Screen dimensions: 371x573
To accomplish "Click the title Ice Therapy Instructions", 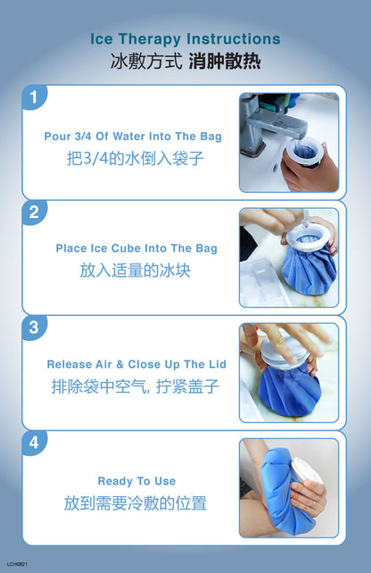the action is pos(185,39).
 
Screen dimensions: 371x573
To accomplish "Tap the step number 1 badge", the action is pos(34,97).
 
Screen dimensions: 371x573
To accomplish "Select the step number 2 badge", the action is pos(34,212).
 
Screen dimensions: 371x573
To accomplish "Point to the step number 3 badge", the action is pos(34,328).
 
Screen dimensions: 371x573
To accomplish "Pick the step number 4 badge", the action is pos(34,443).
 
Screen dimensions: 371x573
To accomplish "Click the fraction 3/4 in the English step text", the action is pos(83,137).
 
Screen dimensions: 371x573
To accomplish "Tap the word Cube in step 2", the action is pos(126,248).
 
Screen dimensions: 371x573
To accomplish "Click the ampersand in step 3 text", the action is pos(120,364).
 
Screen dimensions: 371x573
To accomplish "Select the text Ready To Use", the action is pos(136,481).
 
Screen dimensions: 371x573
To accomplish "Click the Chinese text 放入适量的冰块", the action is pos(135,270).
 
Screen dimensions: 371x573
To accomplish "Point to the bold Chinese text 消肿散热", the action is pos(225,61).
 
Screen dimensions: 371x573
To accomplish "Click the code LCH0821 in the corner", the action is pos(17,564).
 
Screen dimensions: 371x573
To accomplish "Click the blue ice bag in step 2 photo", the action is pos(309,267).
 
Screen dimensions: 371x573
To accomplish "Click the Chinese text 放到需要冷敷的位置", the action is pos(135,503).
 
